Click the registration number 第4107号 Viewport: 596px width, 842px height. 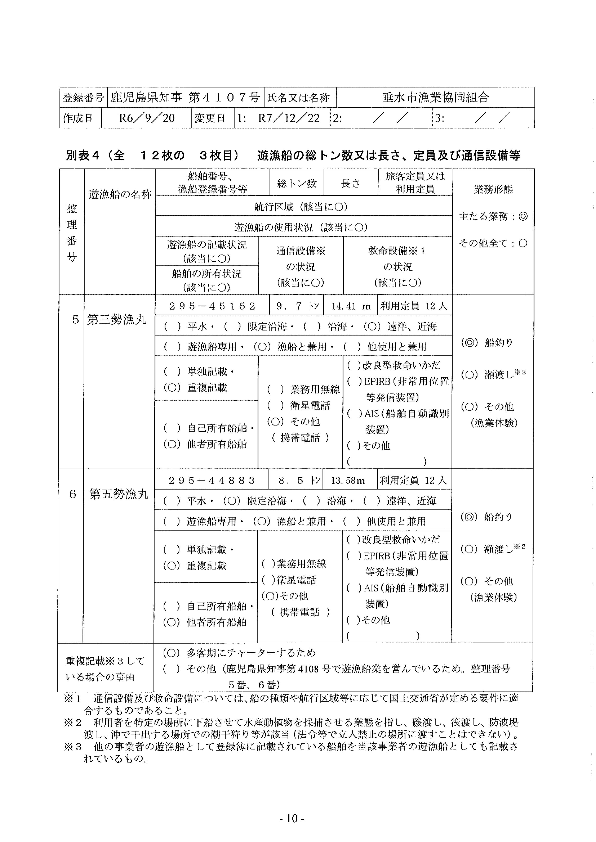pos(224,97)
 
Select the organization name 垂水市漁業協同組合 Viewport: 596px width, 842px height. pos(435,97)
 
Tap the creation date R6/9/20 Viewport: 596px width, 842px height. pos(147,118)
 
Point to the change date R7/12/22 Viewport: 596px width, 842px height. pos(289,118)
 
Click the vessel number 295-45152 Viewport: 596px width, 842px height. pos(212,306)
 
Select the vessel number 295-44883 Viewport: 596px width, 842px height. pos(211,481)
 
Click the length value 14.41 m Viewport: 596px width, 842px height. pos(350,306)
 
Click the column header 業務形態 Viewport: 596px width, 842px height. pos(493,189)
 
